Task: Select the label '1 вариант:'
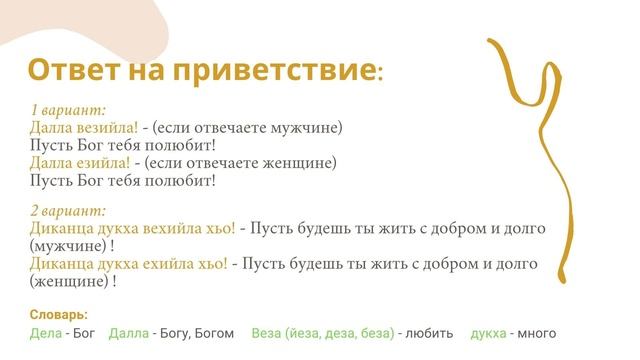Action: [x=68, y=110]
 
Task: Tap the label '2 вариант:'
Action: [x=68, y=211]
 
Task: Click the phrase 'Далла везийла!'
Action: [x=85, y=128]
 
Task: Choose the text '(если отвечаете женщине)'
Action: [x=241, y=163]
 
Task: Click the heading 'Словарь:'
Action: [x=59, y=314]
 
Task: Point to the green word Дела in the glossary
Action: [x=46, y=333]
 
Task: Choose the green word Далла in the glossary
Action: [x=129, y=333]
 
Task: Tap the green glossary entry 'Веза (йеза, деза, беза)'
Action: [x=322, y=333]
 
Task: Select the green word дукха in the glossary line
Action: [x=488, y=333]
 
